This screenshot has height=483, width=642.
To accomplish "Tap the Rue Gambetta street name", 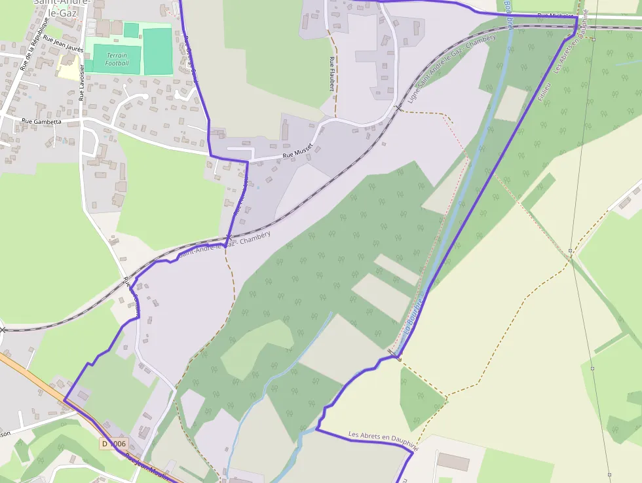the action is coord(41,121).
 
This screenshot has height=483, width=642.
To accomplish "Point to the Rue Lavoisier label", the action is coord(82,82).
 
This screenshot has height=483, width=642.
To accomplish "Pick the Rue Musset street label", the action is coord(298,152).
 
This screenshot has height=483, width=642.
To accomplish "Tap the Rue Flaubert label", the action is coord(331,73).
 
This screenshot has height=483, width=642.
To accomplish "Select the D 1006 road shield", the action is coord(113,444).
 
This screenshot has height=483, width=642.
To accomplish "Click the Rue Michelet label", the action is coord(554,15).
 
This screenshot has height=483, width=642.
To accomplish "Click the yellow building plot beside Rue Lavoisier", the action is coord(67,66).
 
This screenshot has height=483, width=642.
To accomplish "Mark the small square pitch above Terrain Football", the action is coord(131,30).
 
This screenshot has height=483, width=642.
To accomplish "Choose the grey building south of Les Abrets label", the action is coord(453,461).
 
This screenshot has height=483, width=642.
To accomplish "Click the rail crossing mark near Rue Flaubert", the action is coord(398,107).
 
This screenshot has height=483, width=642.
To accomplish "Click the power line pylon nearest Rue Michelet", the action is coord(592,39).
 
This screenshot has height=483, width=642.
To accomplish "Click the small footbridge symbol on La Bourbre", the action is coord(398,358).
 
